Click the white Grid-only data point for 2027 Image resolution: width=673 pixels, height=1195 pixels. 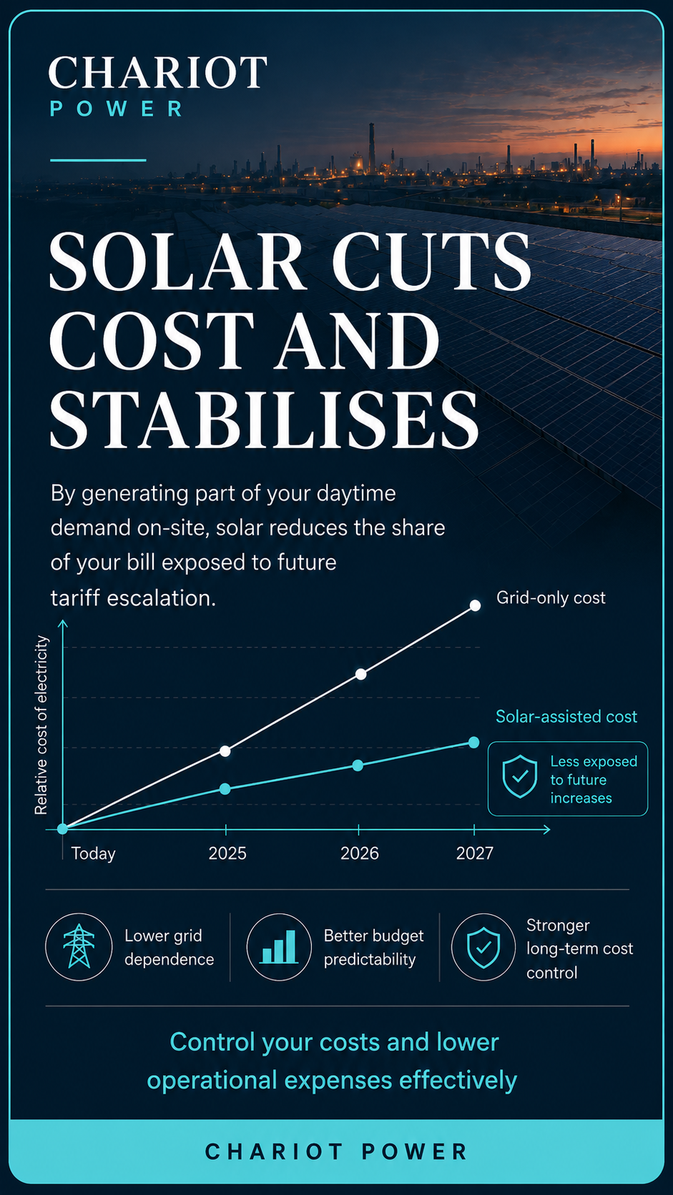point(475,605)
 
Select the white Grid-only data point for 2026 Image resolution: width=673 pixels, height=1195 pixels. point(360,674)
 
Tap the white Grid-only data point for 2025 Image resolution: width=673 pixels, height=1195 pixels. point(225,751)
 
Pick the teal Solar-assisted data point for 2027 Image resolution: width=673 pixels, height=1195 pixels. point(473,742)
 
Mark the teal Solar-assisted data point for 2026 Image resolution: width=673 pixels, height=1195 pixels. point(358,765)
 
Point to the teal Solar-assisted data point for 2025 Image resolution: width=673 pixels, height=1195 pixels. point(225,788)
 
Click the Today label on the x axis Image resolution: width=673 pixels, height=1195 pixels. point(94,853)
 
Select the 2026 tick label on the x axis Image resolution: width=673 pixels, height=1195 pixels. point(359,853)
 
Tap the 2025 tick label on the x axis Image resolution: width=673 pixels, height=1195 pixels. point(227,853)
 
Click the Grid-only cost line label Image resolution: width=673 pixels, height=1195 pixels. point(551,598)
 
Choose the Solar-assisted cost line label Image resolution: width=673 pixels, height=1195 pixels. point(566,716)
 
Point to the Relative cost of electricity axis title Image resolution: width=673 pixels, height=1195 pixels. point(41,725)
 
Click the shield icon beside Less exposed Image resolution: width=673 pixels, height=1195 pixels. point(519,776)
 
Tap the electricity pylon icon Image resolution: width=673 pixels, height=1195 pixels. point(79,946)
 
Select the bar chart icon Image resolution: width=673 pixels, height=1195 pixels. point(279,947)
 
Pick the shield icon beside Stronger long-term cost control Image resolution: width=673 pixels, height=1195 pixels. point(483,948)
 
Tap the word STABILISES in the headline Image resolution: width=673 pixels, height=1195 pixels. point(264,419)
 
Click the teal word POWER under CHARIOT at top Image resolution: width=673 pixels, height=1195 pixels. point(117,109)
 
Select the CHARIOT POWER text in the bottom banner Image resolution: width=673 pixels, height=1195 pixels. point(336,1152)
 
